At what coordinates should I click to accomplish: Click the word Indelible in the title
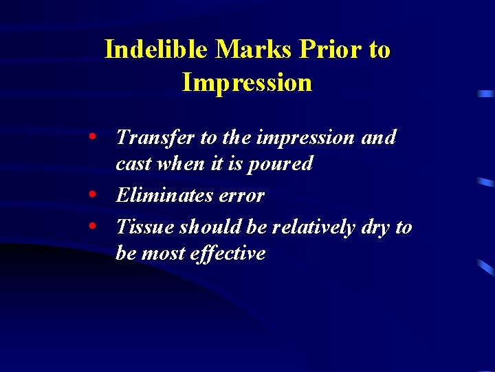[x=156, y=50]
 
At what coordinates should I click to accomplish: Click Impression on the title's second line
[x=247, y=83]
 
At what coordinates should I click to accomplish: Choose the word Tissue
[x=142, y=227]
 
